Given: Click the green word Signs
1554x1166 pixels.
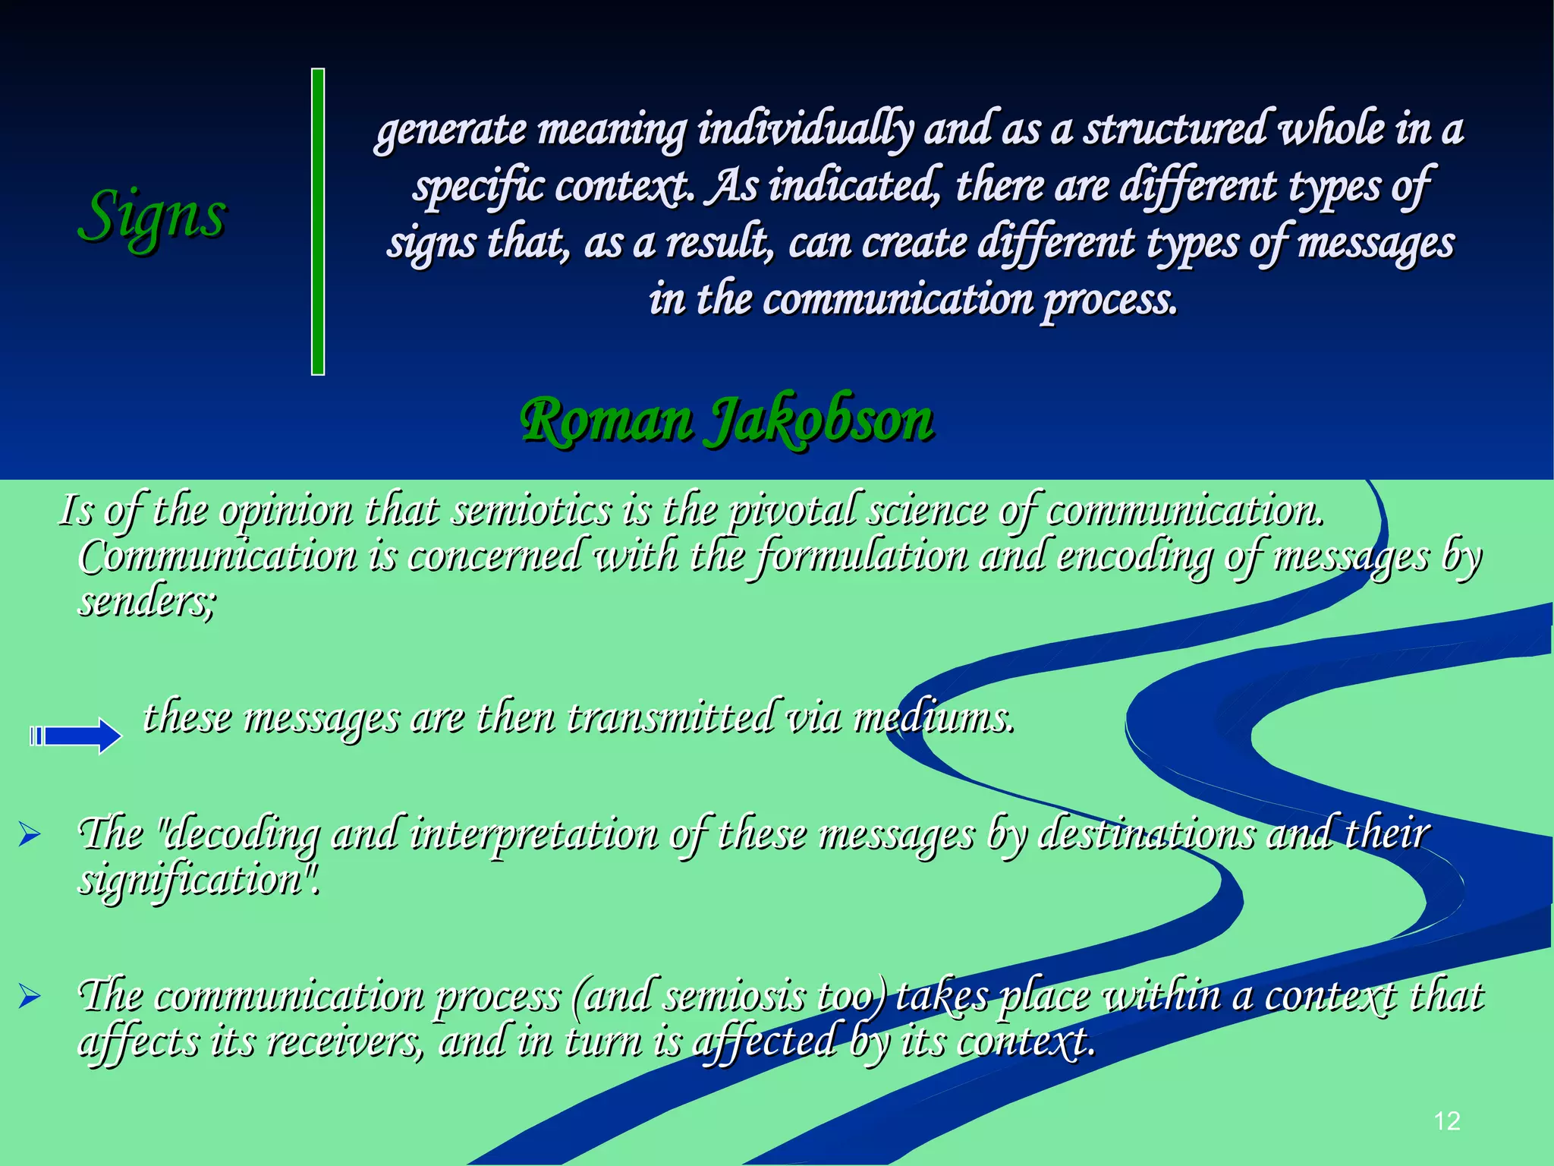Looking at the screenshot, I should pyautogui.click(x=152, y=215).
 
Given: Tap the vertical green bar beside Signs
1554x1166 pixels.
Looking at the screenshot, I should pyautogui.click(x=318, y=222).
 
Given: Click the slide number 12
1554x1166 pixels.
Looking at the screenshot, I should pyautogui.click(x=1447, y=1121).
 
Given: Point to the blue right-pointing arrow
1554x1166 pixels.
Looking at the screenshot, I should pyautogui.click(x=76, y=736).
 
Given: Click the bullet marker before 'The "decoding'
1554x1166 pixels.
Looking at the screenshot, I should pyautogui.click(x=30, y=836).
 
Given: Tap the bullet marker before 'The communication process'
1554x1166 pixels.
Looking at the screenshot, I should pyautogui.click(x=30, y=996).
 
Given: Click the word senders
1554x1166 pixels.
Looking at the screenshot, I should pyautogui.click(x=146, y=601).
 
